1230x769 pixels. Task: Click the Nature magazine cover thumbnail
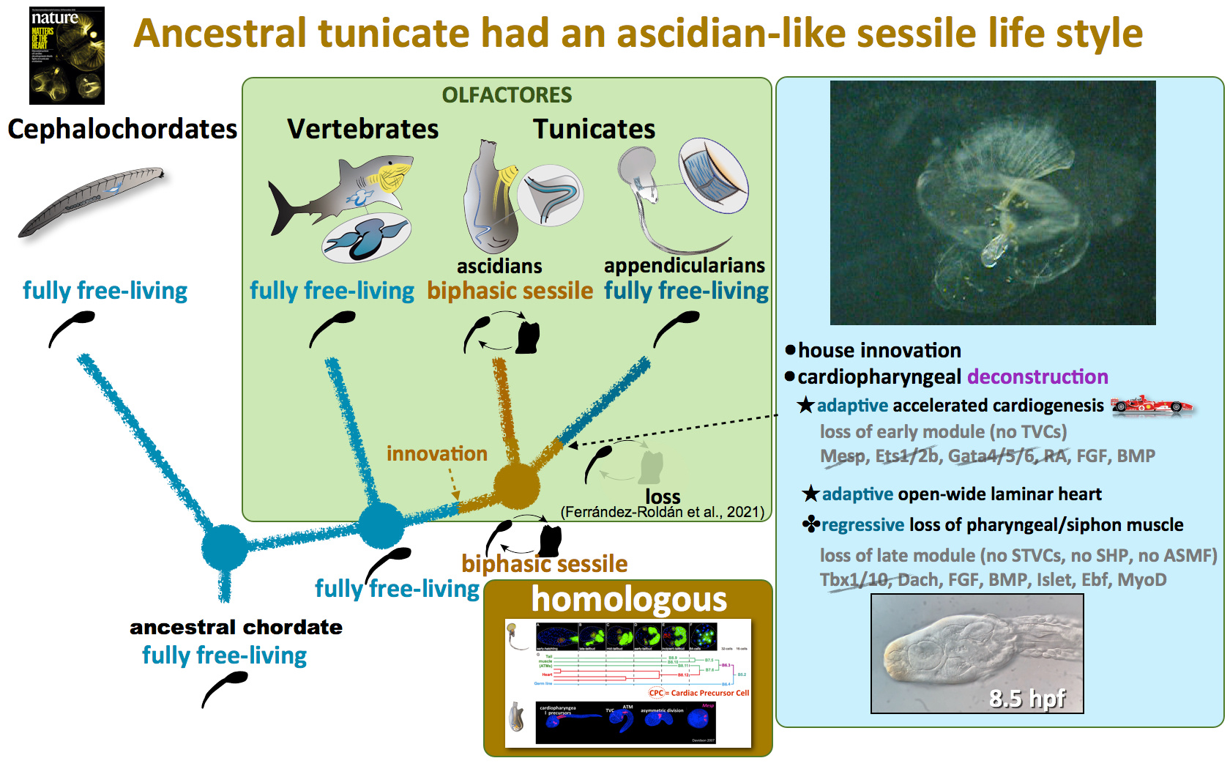pos(67,56)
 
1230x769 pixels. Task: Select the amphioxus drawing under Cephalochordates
pos(92,201)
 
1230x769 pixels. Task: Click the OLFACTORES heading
pos(507,95)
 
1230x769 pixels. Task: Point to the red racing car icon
pos(1151,405)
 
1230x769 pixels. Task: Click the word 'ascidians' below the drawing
pos(499,266)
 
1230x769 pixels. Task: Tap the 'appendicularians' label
pos(684,265)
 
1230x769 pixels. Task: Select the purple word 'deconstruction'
pos(1037,376)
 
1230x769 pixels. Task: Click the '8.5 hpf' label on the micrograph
pos(1027,698)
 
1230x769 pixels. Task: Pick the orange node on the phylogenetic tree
pos(516,486)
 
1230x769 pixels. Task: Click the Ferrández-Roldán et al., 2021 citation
pos(662,512)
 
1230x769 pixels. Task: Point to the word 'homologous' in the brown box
pos(629,599)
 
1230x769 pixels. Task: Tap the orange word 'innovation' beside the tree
pos(436,454)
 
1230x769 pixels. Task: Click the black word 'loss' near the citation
pos(663,497)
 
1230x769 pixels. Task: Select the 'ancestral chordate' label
pos(236,627)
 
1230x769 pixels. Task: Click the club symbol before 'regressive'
pos(810,524)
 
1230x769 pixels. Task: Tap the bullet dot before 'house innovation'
pos(790,350)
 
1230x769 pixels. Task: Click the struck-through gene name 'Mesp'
pos(842,456)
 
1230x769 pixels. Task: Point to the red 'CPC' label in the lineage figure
pos(656,692)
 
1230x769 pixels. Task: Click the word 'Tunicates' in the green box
pos(594,130)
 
